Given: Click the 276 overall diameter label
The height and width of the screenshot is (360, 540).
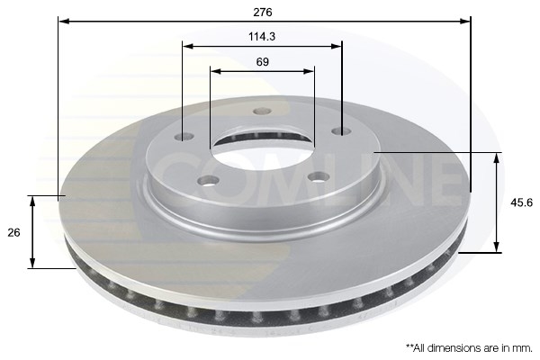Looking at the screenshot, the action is click(x=263, y=13).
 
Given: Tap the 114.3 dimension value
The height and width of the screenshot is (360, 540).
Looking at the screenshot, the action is click(x=262, y=37).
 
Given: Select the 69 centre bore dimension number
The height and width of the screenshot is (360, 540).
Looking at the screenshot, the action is click(x=263, y=62).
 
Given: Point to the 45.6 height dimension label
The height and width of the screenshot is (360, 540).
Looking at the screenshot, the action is click(x=521, y=202).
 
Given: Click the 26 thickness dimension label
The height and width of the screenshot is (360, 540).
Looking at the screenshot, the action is click(x=13, y=233).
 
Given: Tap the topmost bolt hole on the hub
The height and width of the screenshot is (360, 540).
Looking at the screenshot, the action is click(x=262, y=112).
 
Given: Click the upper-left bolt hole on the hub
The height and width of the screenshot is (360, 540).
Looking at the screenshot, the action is click(x=184, y=137).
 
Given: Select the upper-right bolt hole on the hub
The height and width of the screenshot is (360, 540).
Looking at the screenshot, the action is click(x=341, y=130).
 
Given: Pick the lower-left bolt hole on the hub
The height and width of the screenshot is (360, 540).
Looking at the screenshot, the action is click(x=209, y=181).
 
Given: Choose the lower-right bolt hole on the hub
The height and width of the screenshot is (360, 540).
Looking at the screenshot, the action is click(x=319, y=177).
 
